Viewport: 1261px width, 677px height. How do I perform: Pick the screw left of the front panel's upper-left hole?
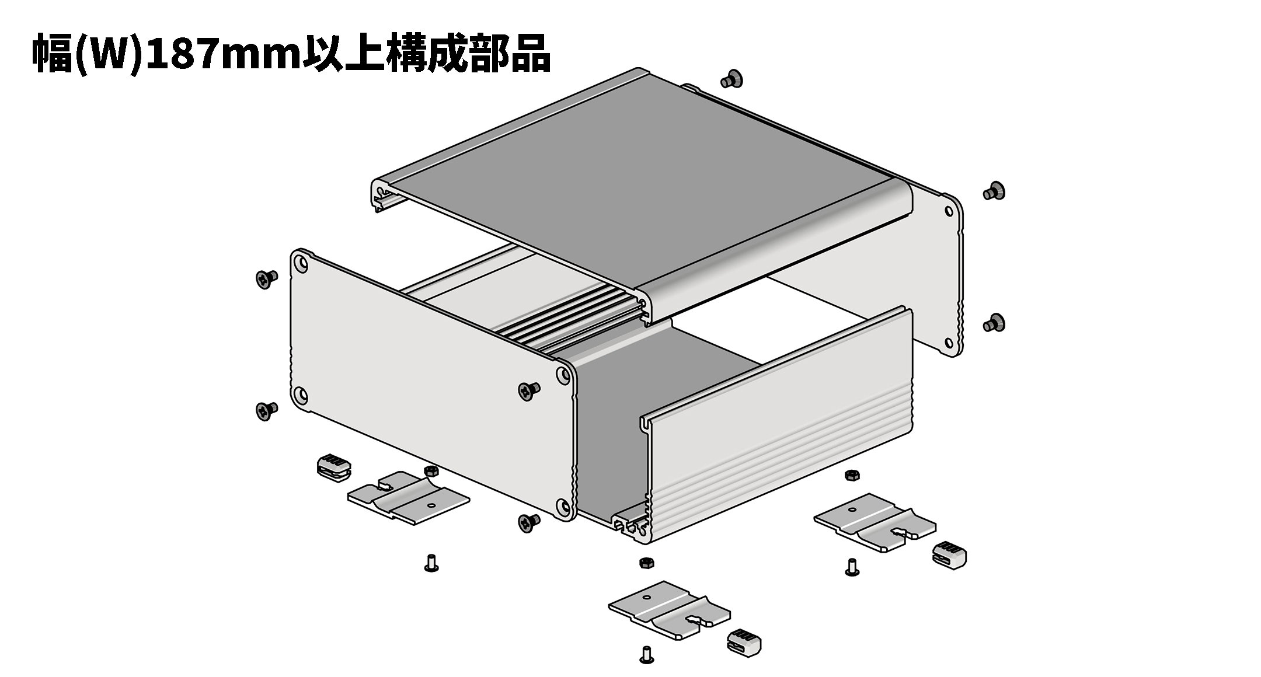point(267,279)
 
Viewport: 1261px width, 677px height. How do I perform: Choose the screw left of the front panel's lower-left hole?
point(267,410)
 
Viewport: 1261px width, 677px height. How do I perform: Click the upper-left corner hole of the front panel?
point(301,264)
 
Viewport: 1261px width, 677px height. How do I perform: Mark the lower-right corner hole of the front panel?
point(563,508)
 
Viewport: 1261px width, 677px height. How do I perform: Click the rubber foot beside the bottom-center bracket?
point(744,641)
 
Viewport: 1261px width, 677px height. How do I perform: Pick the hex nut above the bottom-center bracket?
point(646,563)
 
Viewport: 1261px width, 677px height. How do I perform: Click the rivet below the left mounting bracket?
point(431,563)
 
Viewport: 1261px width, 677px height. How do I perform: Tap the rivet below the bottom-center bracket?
point(646,654)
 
